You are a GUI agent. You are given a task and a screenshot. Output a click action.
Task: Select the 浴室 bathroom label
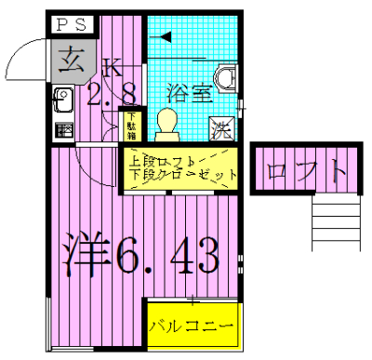coord(189,93)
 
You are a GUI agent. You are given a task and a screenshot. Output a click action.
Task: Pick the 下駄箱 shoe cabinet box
coord(132,124)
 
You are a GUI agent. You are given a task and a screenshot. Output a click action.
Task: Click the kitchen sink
coord(64,97)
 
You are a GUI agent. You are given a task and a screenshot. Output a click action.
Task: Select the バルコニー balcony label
coord(191,327)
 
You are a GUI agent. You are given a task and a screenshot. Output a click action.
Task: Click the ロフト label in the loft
coord(306,171)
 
